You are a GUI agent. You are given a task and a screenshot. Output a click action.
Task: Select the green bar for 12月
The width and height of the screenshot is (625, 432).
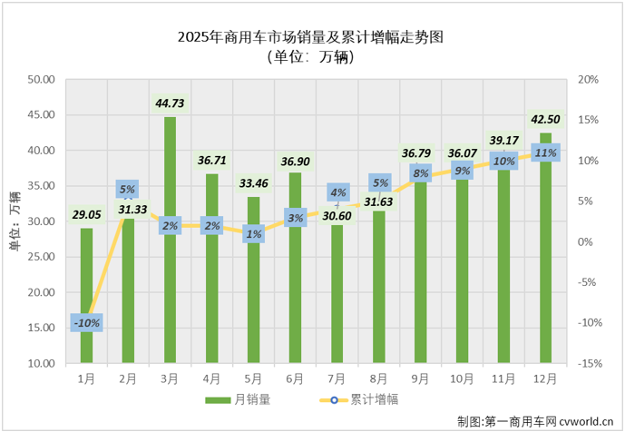tap(545, 263)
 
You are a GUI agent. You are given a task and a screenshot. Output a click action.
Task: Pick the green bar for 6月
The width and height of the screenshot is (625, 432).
tap(295, 281)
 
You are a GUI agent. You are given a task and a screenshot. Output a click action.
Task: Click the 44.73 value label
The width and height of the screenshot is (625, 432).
tap(170, 103)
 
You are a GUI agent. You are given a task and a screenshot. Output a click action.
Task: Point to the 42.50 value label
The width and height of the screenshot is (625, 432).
tap(545, 120)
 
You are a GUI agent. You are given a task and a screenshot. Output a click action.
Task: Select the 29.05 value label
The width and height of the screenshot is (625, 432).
tap(86, 215)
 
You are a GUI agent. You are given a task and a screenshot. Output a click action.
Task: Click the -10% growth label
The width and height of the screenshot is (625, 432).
tap(87, 322)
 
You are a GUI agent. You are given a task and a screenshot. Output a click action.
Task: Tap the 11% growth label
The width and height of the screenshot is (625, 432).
tap(545, 153)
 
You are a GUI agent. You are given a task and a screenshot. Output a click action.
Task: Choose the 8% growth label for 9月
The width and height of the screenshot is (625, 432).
tap(420, 173)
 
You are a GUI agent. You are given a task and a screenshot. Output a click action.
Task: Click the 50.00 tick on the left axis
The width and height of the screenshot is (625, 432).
tap(41, 80)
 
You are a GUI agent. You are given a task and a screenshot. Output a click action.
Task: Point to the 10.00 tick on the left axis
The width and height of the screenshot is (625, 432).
tap(41, 364)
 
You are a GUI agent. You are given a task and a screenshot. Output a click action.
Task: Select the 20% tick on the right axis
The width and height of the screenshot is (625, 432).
tap(588, 80)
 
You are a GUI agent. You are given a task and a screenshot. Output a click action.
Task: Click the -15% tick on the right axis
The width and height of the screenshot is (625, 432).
tap(588, 364)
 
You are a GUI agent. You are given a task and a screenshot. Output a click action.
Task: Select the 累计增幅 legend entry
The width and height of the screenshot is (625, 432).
tap(358, 399)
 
